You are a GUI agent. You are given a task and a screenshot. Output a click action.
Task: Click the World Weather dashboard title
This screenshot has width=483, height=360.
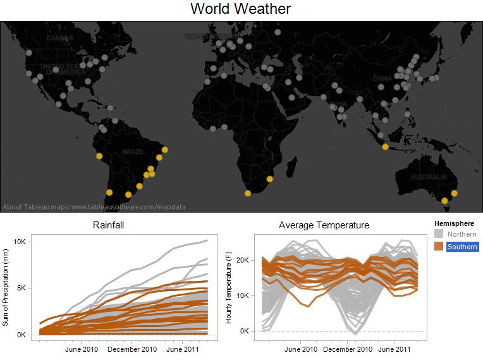click(241, 9)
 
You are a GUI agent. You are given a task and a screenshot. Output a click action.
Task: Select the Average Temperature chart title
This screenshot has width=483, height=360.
click(324, 225)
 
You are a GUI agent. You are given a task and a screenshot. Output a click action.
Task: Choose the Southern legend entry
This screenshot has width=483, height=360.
click(462, 247)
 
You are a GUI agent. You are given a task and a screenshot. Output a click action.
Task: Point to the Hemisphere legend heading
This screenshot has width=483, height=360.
click(454, 223)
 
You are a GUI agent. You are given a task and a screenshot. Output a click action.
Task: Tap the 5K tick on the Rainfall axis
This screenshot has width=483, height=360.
click(21, 288)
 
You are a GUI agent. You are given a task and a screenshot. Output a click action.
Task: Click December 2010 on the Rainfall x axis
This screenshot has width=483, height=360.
click(132, 349)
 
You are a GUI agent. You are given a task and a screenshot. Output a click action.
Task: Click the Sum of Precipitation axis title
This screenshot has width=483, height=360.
click(6, 288)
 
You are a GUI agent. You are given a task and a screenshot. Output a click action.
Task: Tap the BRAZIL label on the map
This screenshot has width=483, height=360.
click(133, 152)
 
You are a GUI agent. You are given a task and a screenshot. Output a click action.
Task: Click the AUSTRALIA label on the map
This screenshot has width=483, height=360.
click(428, 177)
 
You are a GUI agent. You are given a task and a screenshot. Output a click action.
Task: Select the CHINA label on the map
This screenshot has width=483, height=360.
click(382, 78)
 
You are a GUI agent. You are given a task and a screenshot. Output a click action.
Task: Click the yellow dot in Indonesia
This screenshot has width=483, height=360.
click(386, 147)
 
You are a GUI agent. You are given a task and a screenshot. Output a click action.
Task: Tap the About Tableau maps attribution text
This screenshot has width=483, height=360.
click(94, 206)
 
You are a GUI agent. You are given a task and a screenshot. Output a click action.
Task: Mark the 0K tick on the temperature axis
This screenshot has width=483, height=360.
click(245, 331)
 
